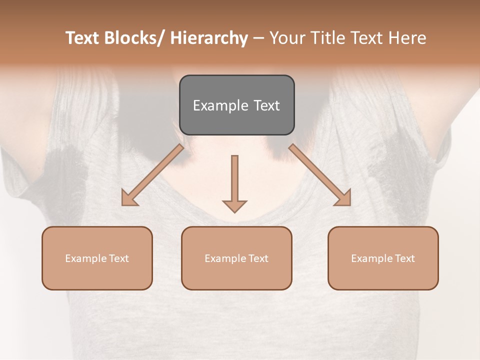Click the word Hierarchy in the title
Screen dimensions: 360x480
[x=209, y=38]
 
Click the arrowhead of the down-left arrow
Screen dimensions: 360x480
[x=129, y=197]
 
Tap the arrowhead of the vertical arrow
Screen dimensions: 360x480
[x=234, y=206]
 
